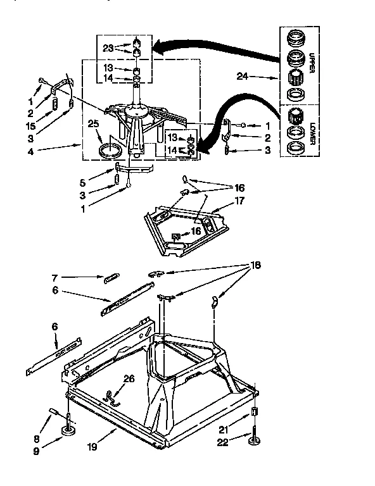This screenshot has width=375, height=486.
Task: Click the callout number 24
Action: pyautogui.click(x=241, y=78)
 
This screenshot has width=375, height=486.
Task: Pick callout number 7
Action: pyautogui.click(x=54, y=277)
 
